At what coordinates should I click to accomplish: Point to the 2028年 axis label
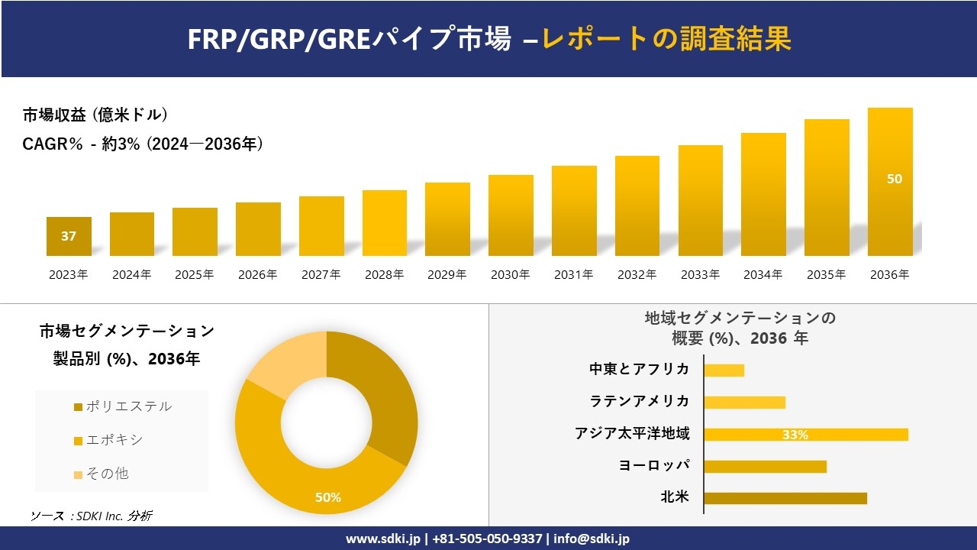tap(384, 275)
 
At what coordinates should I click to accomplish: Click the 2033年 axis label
tap(700, 275)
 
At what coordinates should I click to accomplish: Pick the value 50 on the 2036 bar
tap(894, 179)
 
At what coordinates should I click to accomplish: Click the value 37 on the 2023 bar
tap(69, 236)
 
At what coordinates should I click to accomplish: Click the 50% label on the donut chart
tap(328, 497)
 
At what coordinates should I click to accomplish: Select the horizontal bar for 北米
tap(785, 498)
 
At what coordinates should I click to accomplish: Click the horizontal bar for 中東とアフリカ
tap(724, 370)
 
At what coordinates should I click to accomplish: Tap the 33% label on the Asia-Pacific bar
tap(795, 435)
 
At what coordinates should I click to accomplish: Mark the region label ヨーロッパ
tap(654, 465)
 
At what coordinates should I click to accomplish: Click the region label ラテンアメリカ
tap(640, 401)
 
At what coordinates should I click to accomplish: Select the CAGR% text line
tap(143, 144)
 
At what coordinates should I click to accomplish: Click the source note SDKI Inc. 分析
tap(92, 516)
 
